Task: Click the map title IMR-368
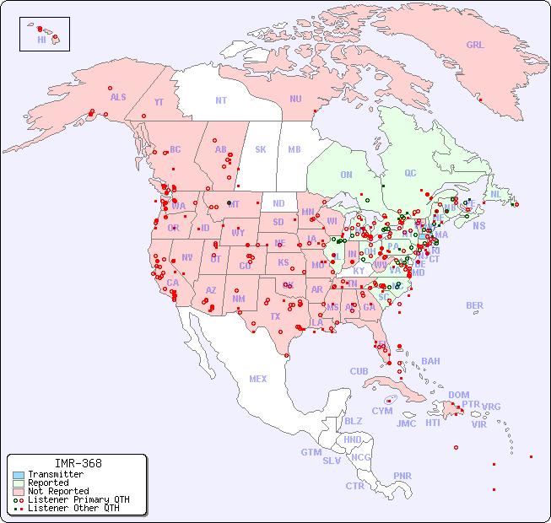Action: tap(78, 463)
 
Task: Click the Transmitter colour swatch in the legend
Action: tap(18, 475)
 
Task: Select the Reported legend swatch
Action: tap(18, 483)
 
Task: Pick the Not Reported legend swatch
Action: tap(18, 491)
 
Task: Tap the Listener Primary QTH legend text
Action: tap(78, 499)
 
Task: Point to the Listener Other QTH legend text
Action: tap(73, 508)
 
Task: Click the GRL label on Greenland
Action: tap(475, 45)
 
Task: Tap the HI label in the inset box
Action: tap(41, 40)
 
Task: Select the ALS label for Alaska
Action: tap(118, 97)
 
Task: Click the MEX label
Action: tap(258, 379)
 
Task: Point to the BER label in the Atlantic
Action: tap(475, 305)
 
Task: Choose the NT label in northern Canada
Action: tap(221, 100)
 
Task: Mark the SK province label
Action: tap(261, 149)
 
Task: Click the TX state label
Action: tap(275, 316)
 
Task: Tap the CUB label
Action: tap(359, 371)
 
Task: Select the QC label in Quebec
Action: tap(410, 173)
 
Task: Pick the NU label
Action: tap(295, 99)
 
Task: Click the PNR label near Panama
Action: tap(402, 476)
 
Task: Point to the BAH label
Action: tap(430, 361)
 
